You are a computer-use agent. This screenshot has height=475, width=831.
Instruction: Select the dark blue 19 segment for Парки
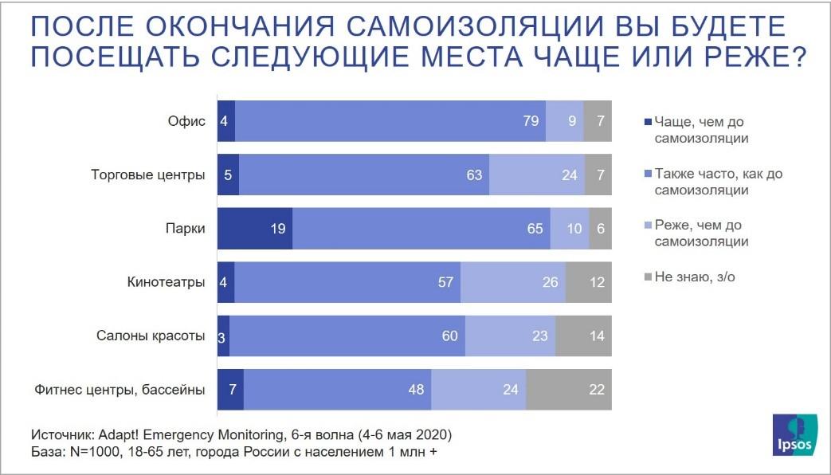255,228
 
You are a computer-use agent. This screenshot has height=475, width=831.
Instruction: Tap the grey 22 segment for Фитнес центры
569,390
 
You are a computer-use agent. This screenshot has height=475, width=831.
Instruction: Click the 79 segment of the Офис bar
390,121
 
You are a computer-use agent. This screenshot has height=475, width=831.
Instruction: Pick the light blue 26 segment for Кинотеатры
513,281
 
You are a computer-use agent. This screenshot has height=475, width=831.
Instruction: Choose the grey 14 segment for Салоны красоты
584,336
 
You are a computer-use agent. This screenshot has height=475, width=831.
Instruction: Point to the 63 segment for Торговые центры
364,175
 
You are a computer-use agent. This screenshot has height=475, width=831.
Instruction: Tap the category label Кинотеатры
167,282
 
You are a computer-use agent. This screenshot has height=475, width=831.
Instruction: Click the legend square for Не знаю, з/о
648,277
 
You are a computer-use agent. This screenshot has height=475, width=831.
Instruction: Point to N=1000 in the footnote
96,453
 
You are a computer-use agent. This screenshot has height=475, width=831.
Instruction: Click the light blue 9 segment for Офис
564,121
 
